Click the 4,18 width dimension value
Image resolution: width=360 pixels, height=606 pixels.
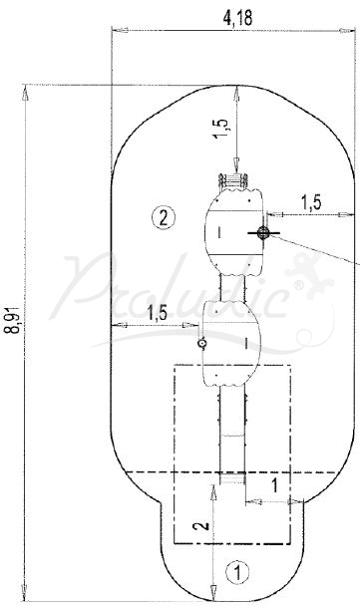237,18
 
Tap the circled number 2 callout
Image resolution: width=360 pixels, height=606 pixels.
164,218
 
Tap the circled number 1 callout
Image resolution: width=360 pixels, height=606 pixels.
237,572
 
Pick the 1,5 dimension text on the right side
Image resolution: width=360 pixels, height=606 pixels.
311,202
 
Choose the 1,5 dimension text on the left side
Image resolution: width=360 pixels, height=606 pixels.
158,314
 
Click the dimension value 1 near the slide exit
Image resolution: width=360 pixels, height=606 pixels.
274,485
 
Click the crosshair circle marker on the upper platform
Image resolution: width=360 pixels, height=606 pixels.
263,232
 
